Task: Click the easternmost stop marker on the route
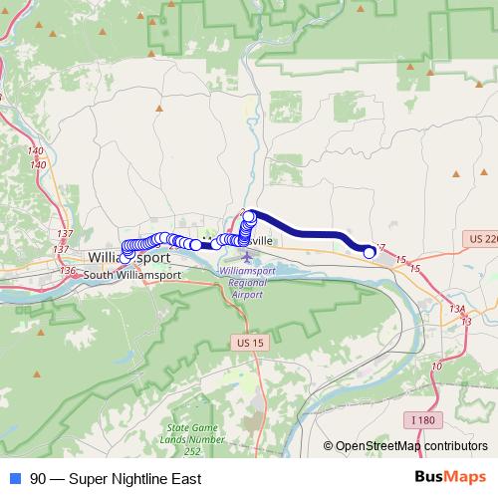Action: [370, 252]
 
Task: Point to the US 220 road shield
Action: [482, 239]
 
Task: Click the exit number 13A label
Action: [458, 309]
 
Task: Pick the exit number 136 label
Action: [68, 270]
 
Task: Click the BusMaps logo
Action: [451, 478]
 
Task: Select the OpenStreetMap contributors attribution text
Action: [411, 446]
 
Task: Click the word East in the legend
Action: [185, 479]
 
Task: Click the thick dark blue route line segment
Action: [309, 229]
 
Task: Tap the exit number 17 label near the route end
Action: [378, 248]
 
